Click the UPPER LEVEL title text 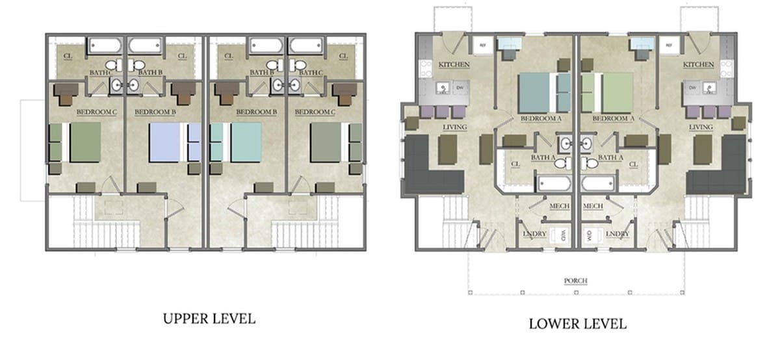(209, 318)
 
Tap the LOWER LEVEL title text (577, 323)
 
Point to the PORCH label (576, 281)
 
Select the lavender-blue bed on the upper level (170, 142)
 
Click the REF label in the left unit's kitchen (483, 45)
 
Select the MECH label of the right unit (593, 207)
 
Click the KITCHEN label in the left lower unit (454, 64)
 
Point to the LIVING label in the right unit (701, 127)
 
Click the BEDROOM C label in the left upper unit (96, 112)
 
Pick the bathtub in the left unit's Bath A (553, 183)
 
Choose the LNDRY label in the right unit (616, 233)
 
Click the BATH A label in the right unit (610, 157)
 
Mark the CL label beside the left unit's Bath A (515, 164)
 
